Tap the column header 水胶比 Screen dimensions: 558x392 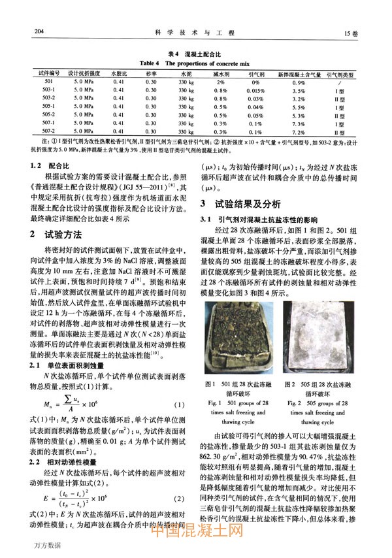pyautogui.click(x=118, y=74)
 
